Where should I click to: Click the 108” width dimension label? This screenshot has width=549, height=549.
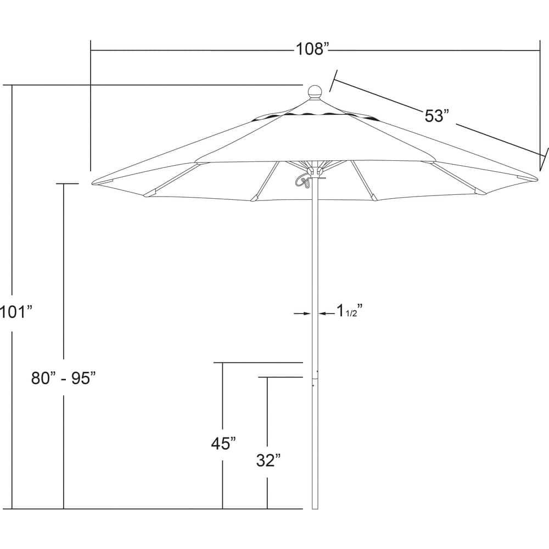(312, 49)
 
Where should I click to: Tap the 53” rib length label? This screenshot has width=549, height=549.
(437, 116)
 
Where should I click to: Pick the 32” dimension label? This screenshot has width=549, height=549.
(267, 461)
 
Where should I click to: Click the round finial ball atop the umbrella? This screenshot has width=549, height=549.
(315, 91)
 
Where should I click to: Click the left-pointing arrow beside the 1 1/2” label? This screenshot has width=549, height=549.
(324, 313)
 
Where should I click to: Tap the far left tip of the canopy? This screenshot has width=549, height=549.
(93, 183)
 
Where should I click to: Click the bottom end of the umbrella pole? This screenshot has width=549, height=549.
(315, 508)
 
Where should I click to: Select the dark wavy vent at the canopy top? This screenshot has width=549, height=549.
(313, 115)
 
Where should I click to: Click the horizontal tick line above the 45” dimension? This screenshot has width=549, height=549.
(258, 363)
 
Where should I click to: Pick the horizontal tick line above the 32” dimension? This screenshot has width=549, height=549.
(281, 377)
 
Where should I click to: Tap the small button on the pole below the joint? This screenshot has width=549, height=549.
(313, 384)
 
